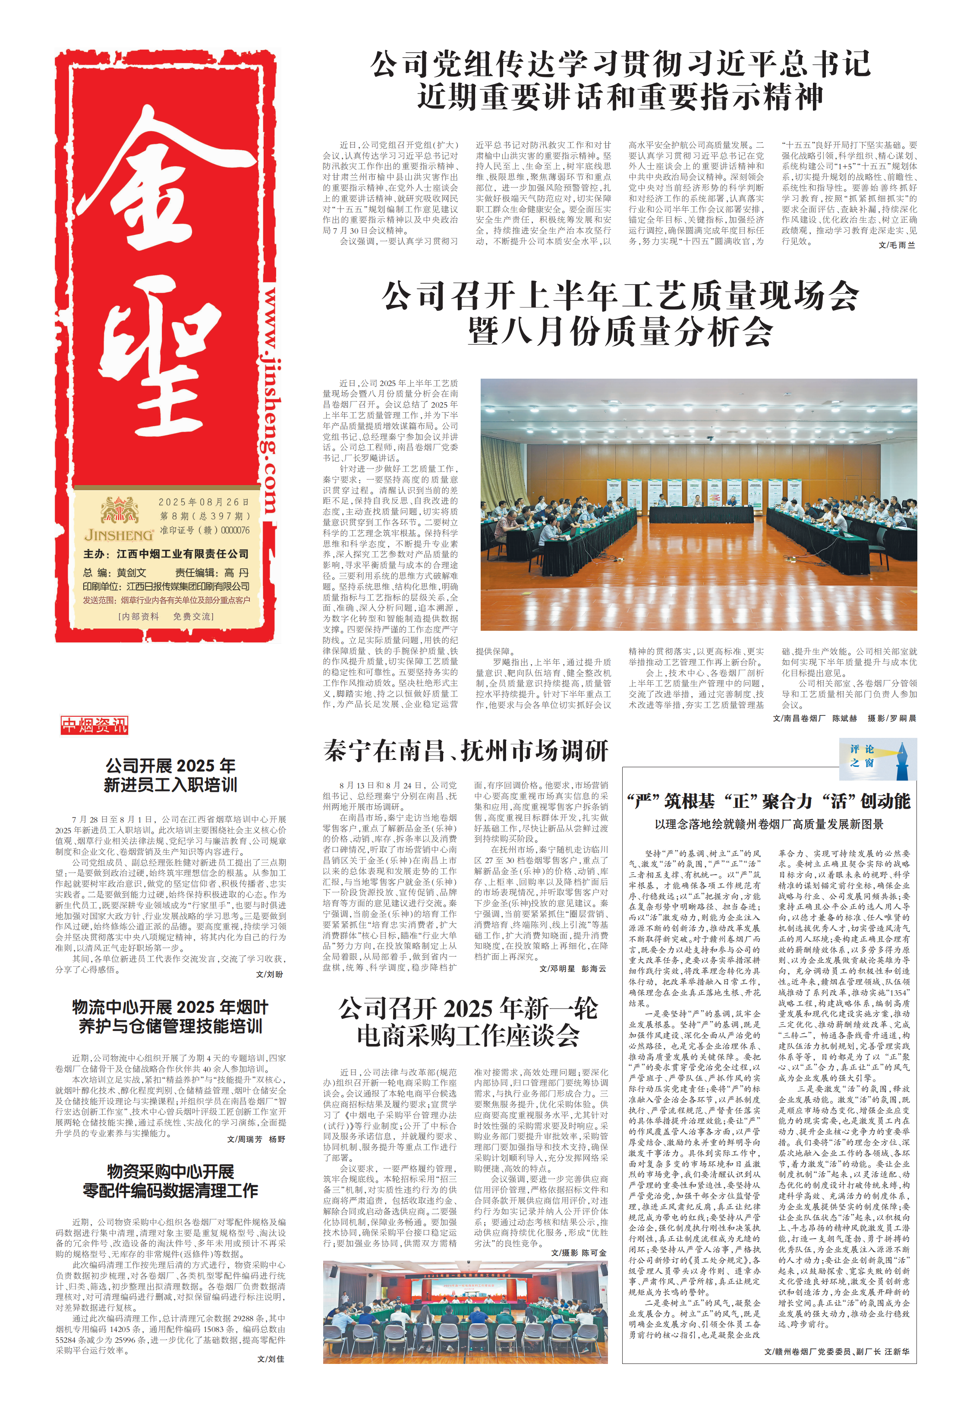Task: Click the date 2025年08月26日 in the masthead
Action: [x=204, y=502]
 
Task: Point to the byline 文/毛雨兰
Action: [x=896, y=245]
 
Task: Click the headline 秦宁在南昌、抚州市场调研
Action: [x=466, y=750]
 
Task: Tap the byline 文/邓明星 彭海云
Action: [x=573, y=968]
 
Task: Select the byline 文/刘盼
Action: [x=270, y=974]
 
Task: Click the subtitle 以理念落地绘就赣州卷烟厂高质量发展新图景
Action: [x=769, y=824]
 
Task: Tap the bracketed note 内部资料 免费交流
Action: [x=166, y=616]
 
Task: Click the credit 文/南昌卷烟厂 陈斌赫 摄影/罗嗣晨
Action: [x=844, y=718]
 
